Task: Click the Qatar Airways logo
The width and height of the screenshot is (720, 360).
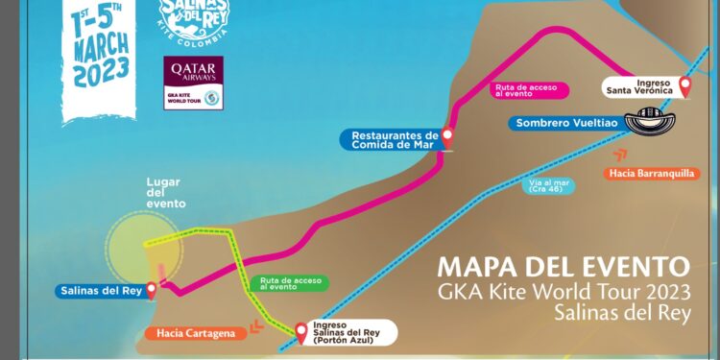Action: (x=193, y=83)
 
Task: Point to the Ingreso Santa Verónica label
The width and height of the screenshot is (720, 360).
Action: (x=645, y=86)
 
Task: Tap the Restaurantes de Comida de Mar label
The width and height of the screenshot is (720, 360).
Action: (x=392, y=140)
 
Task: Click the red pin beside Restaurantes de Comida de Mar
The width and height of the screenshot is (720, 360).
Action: (x=446, y=138)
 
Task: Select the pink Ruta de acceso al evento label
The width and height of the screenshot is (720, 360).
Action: (x=528, y=89)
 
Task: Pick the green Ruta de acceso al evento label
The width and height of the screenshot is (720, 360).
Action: (x=287, y=283)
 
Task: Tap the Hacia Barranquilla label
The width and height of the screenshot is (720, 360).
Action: (x=649, y=174)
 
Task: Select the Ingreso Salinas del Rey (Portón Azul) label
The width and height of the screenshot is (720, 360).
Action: (x=350, y=333)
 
